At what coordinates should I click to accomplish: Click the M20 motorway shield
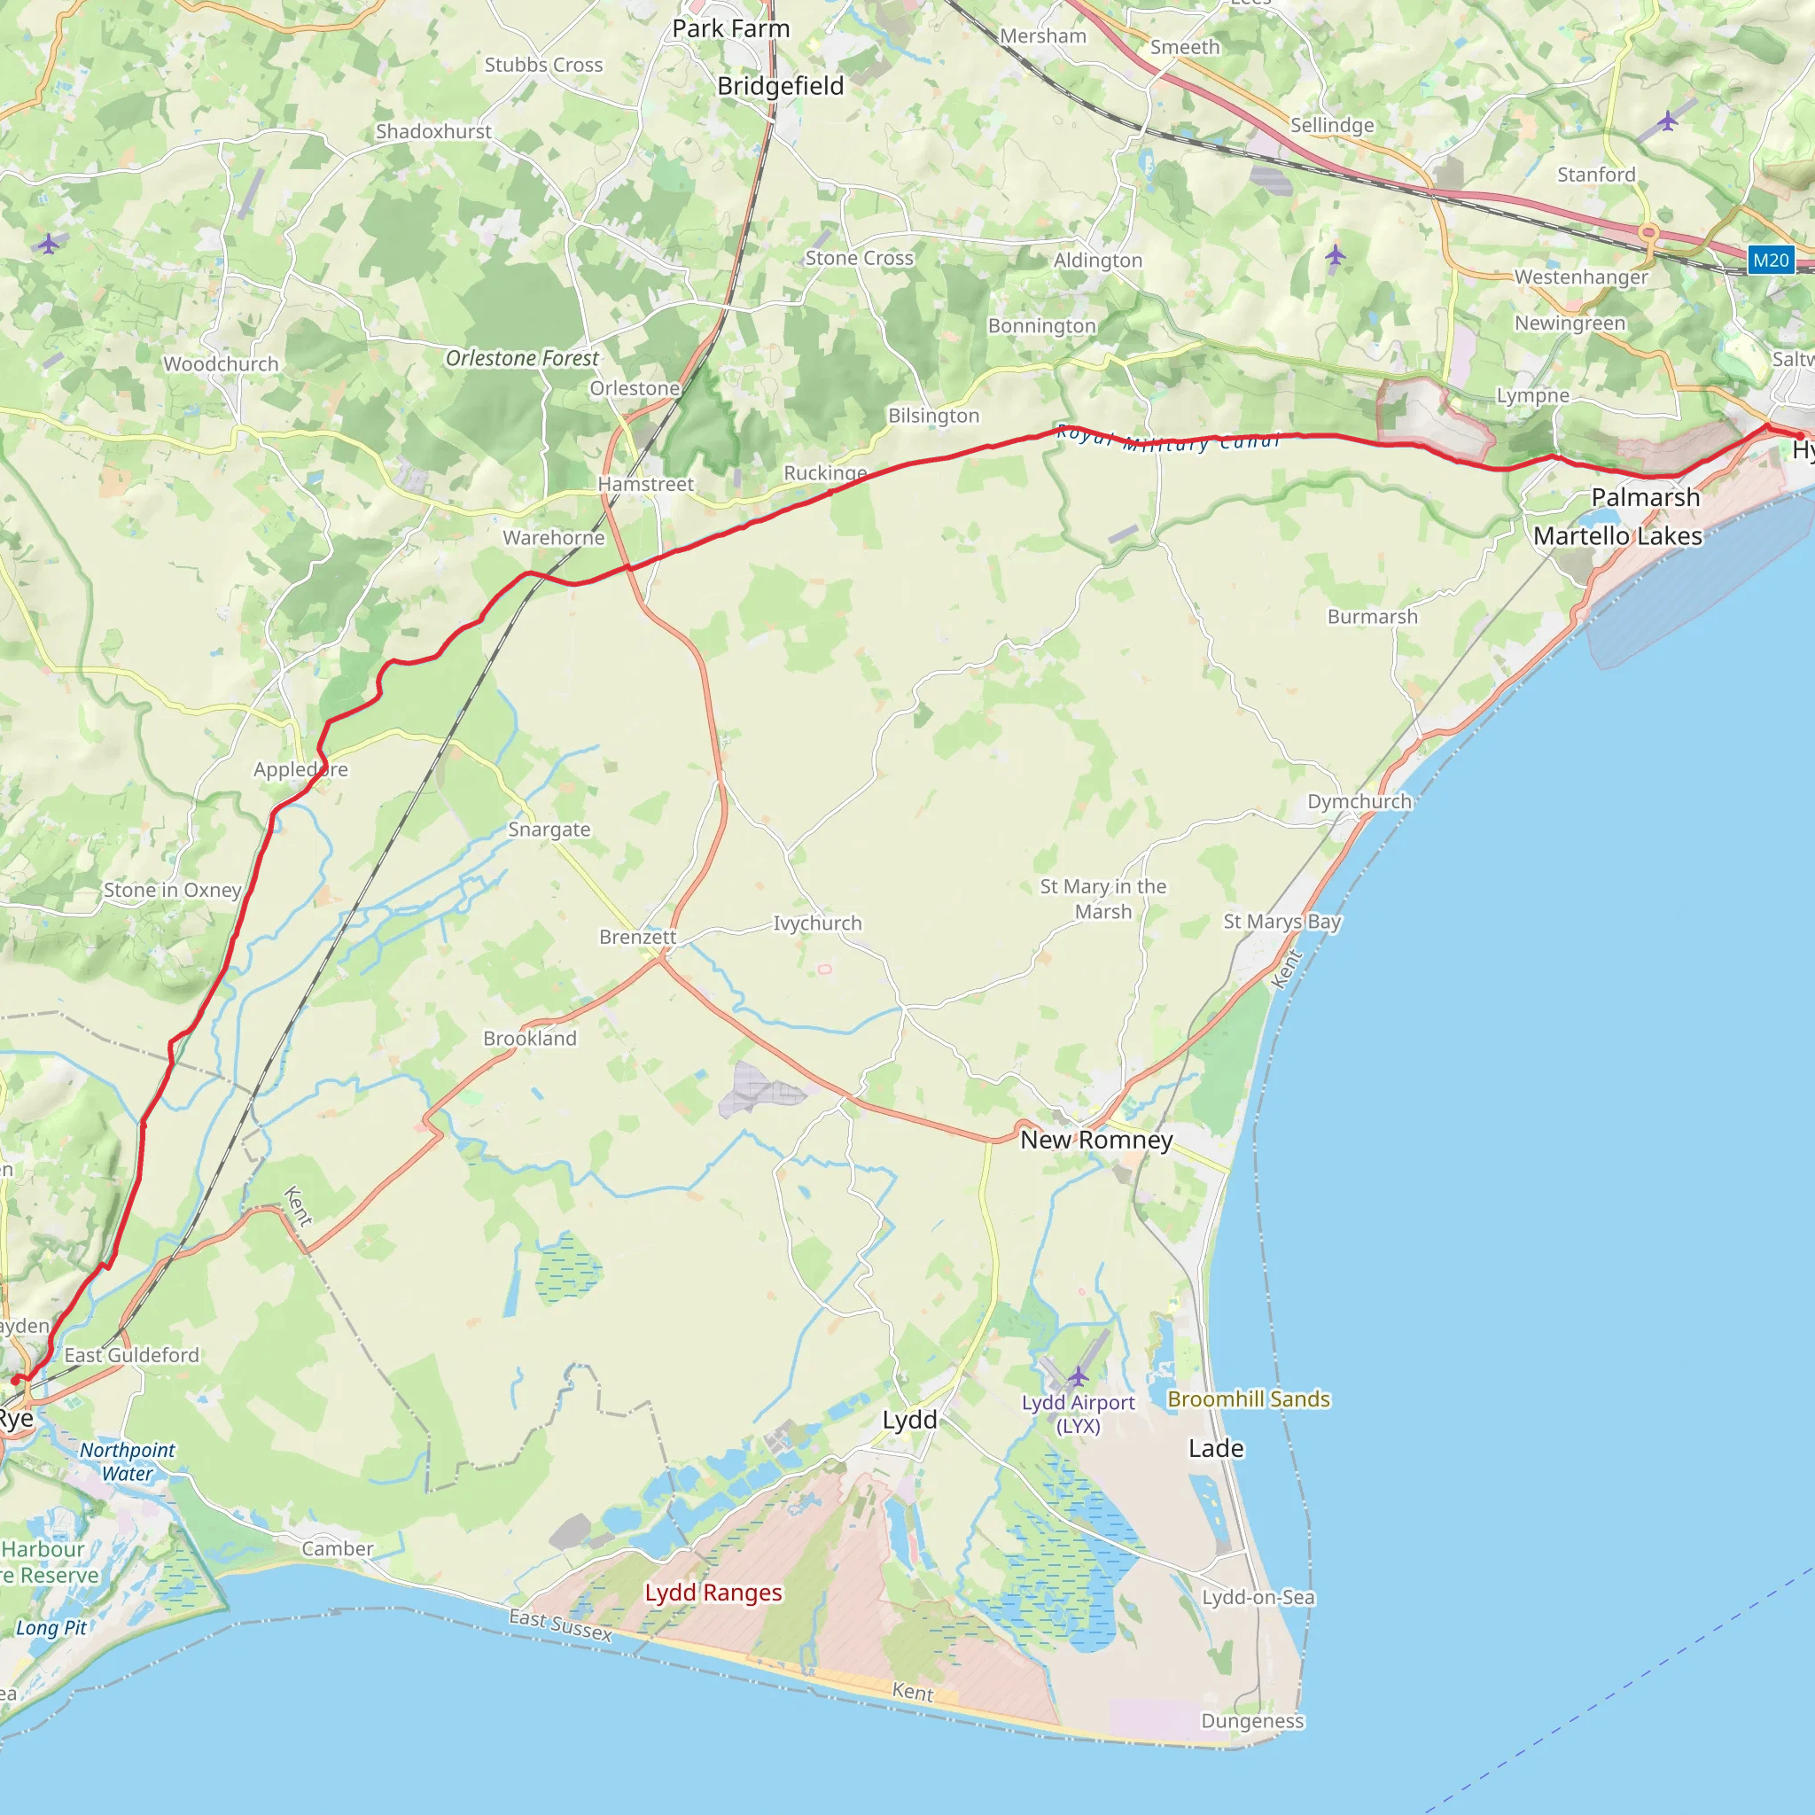[x=1770, y=261]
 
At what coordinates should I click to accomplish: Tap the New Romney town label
[x=1096, y=1140]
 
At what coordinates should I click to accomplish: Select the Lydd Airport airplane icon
[x=1078, y=1376]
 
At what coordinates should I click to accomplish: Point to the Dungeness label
[x=1252, y=1721]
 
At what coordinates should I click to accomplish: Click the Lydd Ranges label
[x=713, y=1593]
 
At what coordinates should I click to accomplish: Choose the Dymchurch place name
[x=1359, y=801]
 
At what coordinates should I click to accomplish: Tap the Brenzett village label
[x=638, y=937]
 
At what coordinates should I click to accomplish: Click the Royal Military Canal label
[x=1168, y=439]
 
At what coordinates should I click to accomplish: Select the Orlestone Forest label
[x=521, y=358]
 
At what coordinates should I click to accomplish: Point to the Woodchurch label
[x=221, y=363]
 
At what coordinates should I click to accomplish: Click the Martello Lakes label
[x=1617, y=536]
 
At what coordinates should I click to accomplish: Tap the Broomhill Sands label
[x=1249, y=1398]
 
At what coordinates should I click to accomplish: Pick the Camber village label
[x=338, y=1548]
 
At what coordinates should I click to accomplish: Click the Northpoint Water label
[x=127, y=1461]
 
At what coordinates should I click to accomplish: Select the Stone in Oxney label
[x=172, y=890]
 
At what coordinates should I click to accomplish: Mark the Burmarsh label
[x=1373, y=616]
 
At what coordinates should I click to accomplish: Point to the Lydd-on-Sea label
[x=1258, y=1597]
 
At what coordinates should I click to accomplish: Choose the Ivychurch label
[x=817, y=923]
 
